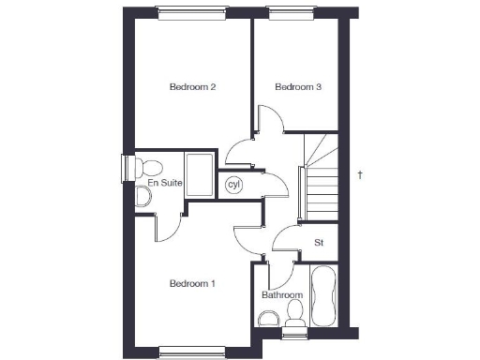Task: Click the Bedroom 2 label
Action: pyautogui.click(x=193, y=87)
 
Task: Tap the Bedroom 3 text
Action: pyautogui.click(x=298, y=87)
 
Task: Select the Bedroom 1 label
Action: pyautogui.click(x=193, y=283)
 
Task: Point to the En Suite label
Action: pyautogui.click(x=164, y=184)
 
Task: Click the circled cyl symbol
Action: pyautogui.click(x=234, y=185)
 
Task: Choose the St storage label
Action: pyautogui.click(x=319, y=243)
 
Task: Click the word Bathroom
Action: pyautogui.click(x=282, y=294)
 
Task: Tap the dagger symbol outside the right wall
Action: pyautogui.click(x=359, y=174)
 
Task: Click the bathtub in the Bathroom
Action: pyautogui.click(x=325, y=292)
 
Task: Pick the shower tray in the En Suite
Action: pyautogui.click(x=201, y=175)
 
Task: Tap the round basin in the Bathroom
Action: pyautogui.click(x=295, y=307)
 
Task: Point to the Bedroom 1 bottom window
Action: pyautogui.click(x=191, y=352)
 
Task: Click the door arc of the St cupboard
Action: pyautogui.click(x=284, y=242)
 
